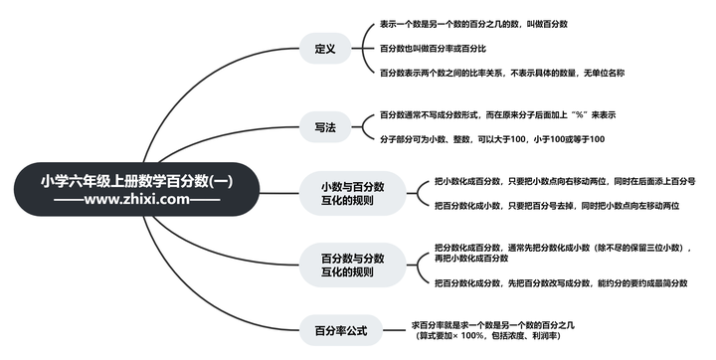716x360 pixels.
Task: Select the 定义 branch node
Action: pyautogui.click(x=324, y=48)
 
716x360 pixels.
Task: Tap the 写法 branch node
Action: pyautogui.click(x=324, y=127)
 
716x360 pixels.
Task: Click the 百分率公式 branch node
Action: pyautogui.click(x=341, y=330)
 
